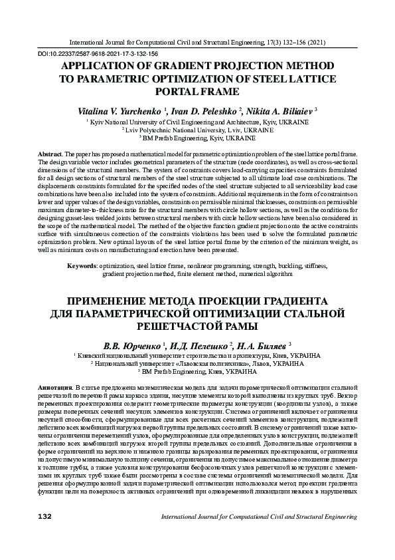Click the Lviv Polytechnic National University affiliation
coord(197,131)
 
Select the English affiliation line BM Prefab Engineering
coord(197,139)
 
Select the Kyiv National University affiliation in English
coord(197,123)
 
